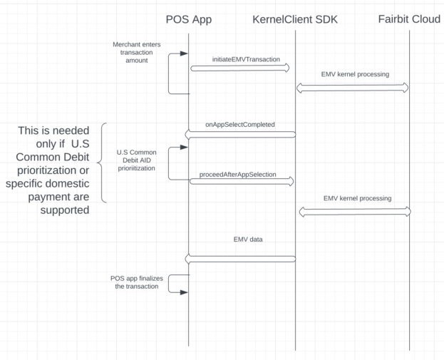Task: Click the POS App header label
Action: (189, 18)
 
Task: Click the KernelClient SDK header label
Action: (295, 18)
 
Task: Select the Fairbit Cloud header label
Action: (408, 18)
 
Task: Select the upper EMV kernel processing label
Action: (353, 75)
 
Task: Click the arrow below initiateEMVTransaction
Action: (241, 68)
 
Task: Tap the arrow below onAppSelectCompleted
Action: (241, 135)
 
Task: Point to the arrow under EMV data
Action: (241, 256)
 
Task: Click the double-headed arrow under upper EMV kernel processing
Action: (353, 87)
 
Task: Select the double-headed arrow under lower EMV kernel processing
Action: (353, 210)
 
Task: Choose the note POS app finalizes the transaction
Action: (136, 281)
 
